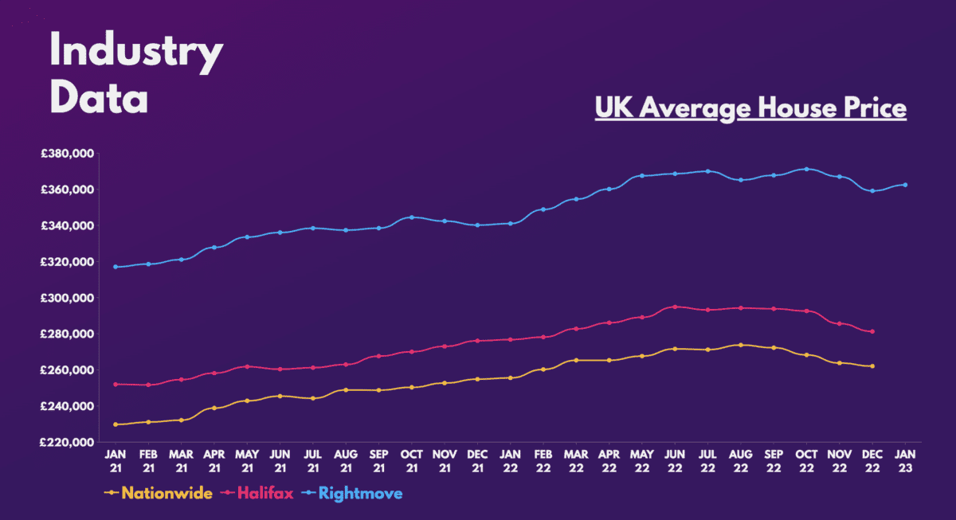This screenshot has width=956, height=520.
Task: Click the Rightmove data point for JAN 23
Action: pos(905,185)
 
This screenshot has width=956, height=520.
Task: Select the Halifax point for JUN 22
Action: pos(675,307)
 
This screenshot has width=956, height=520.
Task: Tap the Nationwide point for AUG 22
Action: pos(741,345)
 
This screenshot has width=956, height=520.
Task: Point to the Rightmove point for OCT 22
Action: pos(806,169)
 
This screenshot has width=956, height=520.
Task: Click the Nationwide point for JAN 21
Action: pos(116,424)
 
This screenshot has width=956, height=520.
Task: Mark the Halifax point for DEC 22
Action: pos(872,331)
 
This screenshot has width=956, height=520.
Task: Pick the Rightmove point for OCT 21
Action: pos(412,217)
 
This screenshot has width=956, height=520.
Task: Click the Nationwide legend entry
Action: pos(159,494)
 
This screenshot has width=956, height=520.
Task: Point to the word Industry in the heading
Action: pos(136,54)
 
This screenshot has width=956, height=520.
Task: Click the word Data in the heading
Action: pos(99,100)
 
